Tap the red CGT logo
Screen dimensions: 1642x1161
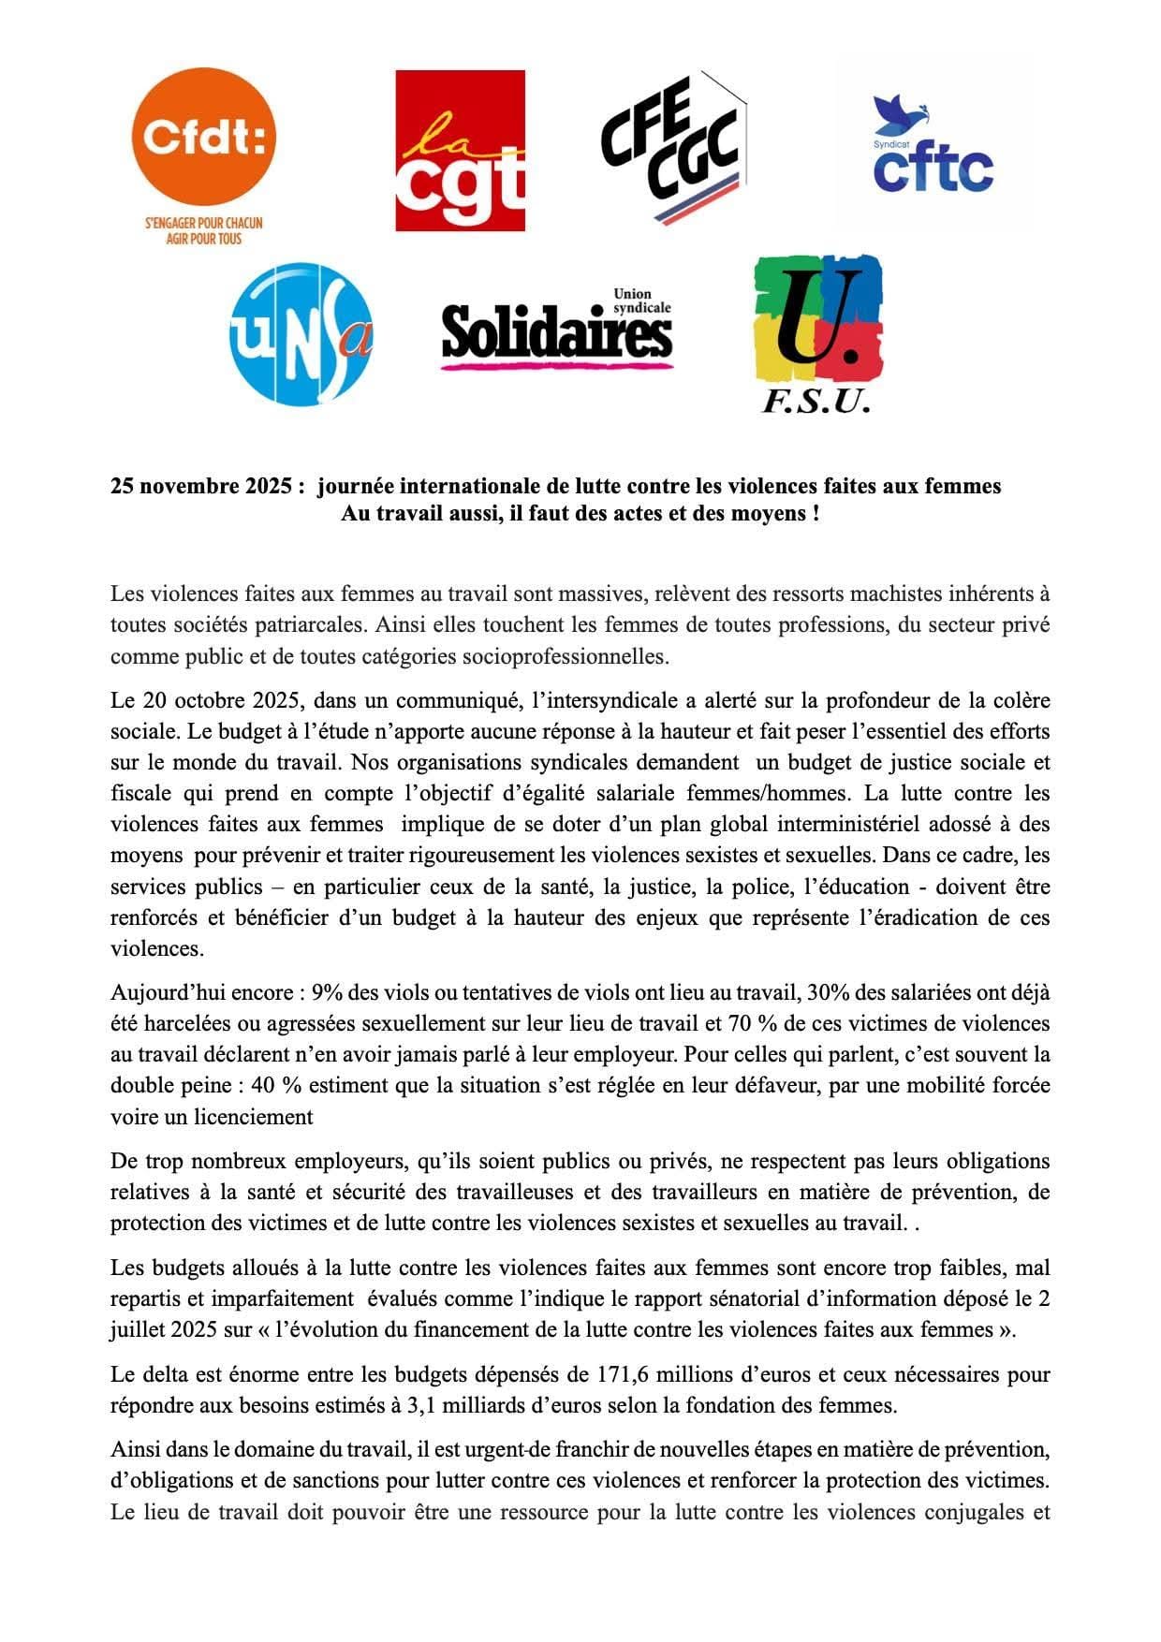point(460,150)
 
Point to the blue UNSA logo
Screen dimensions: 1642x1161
point(301,333)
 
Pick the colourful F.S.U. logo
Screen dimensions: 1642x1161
point(817,333)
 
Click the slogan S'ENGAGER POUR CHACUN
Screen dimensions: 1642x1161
point(203,223)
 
